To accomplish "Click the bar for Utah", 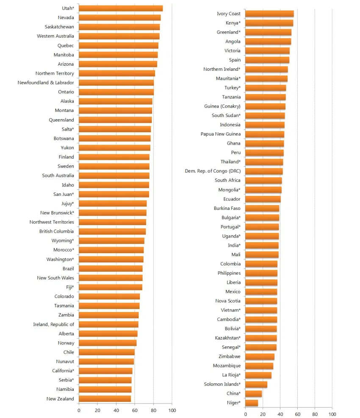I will point(121,8).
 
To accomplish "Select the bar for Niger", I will point(252,403).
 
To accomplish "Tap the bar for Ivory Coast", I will point(269,14).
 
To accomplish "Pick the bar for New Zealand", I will point(105,398).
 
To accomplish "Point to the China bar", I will point(253,393).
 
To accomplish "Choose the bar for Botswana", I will point(114,138).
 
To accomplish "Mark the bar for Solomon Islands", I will point(256,384).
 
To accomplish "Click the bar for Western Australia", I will point(119,36).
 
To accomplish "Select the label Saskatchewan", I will point(59,27).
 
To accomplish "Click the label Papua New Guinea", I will point(221,134).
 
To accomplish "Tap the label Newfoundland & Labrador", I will point(46,83).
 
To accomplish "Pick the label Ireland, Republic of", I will point(53,324).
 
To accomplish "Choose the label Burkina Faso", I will point(227,208).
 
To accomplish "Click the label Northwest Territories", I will point(52,222).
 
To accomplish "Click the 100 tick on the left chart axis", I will point(172,410).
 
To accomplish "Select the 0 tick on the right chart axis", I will point(245,414).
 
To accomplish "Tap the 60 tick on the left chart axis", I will point(135,410).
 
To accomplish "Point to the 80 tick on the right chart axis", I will point(315,414).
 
